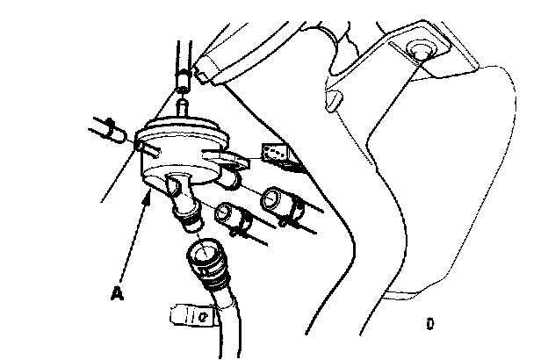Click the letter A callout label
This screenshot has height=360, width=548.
click(115, 294)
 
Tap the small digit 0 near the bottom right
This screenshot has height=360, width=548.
click(429, 323)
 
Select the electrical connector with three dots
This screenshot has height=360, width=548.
click(277, 155)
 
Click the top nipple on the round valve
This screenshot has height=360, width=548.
click(184, 108)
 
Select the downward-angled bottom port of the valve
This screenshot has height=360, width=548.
click(180, 188)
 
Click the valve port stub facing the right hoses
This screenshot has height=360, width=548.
click(230, 179)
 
